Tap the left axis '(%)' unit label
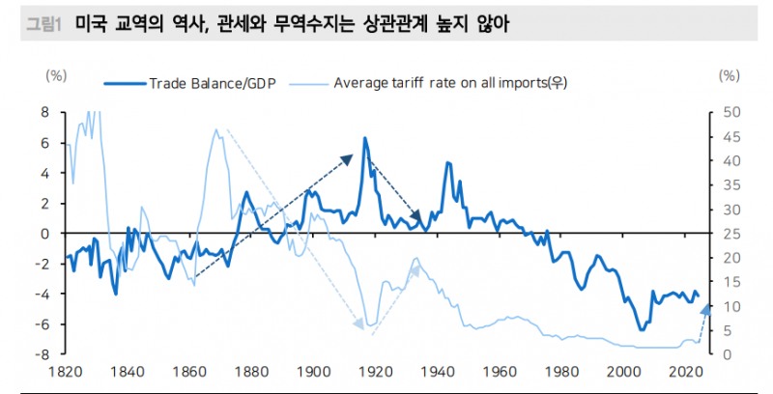click(57, 74)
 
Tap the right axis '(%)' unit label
click(730, 74)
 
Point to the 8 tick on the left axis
click(43, 112)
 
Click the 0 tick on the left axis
click(43, 234)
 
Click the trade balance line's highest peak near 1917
click(364, 138)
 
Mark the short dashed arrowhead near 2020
click(706, 306)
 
